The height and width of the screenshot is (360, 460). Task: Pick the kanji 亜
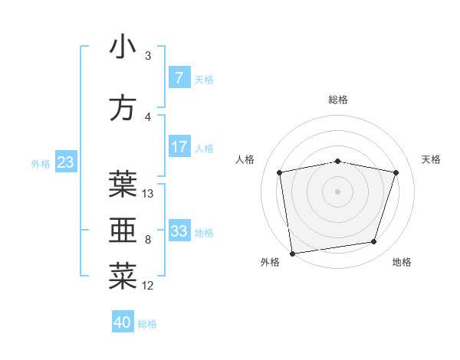click(x=123, y=231)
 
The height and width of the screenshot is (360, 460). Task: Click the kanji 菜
click(x=123, y=277)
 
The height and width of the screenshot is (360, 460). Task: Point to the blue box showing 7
click(x=179, y=78)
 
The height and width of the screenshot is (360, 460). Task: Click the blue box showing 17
click(x=179, y=147)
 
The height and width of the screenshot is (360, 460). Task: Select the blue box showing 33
click(x=179, y=231)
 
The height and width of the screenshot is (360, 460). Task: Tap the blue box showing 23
click(x=65, y=162)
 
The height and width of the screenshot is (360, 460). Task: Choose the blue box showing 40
click(x=123, y=322)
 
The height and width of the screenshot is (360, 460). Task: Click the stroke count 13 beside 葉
click(x=148, y=194)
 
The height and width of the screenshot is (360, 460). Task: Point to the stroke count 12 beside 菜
click(x=148, y=286)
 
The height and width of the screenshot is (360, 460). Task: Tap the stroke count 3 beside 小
click(x=148, y=56)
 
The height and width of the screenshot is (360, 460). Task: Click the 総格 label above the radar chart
click(x=338, y=100)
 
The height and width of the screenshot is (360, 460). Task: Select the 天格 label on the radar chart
click(x=431, y=159)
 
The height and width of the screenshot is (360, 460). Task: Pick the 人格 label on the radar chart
click(x=245, y=159)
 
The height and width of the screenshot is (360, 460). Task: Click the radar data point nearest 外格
click(x=292, y=253)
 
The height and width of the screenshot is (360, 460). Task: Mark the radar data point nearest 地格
click(x=374, y=242)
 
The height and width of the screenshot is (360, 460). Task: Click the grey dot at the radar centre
click(x=338, y=191)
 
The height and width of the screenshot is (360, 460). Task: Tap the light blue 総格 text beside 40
click(x=147, y=324)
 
